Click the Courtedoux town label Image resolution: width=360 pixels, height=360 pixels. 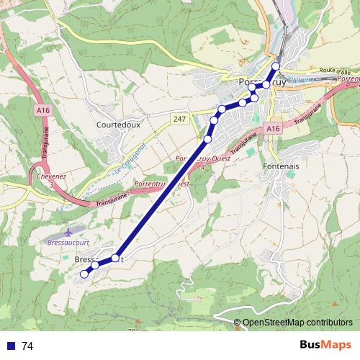click(x=118, y=124)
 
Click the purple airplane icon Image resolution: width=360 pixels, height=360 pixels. click(x=68, y=233)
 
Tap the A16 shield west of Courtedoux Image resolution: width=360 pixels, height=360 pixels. click(x=42, y=109)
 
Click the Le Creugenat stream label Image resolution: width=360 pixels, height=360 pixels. click(x=130, y=160)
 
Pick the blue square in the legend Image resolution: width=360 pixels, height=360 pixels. click(x=11, y=346)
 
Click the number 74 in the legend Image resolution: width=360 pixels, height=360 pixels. click(x=27, y=346)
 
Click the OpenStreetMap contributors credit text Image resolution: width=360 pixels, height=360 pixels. click(x=297, y=323)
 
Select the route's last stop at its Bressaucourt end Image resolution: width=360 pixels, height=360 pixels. click(x=84, y=274)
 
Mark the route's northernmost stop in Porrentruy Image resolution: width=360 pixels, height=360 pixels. click(x=275, y=66)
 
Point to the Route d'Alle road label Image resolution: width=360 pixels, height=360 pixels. click(x=335, y=72)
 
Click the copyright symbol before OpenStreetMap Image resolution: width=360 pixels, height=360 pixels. click(x=238, y=323)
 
